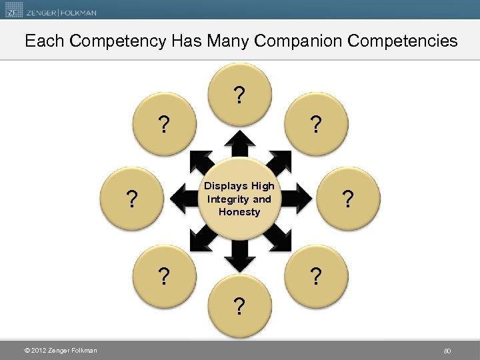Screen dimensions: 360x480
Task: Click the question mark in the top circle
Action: (239, 96)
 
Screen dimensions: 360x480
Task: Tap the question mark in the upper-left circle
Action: (163, 125)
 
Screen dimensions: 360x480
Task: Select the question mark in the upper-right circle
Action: (316, 125)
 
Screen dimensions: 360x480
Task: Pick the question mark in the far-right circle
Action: (346, 199)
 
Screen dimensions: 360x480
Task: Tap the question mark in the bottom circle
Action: (239, 306)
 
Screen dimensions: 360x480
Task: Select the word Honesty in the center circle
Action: (239, 211)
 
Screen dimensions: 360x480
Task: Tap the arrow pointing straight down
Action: (239, 255)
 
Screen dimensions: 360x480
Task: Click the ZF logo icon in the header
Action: (14, 11)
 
